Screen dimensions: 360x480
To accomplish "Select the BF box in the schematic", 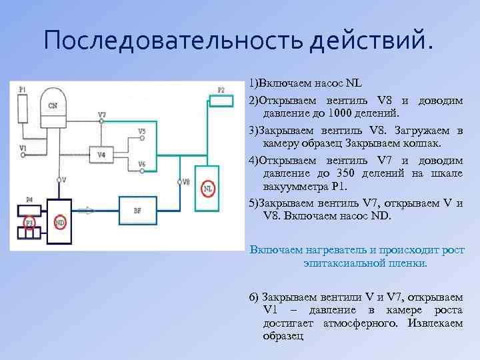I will tap(137, 211).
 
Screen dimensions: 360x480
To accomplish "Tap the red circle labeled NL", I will tap(209, 188).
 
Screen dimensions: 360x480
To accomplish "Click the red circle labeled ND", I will tap(60, 221).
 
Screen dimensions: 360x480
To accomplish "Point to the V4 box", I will tap(101, 155).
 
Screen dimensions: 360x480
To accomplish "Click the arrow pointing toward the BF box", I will tap(87, 211).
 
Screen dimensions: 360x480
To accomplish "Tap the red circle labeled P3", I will tap(29, 221).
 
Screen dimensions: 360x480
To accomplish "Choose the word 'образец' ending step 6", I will tap(283, 336).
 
